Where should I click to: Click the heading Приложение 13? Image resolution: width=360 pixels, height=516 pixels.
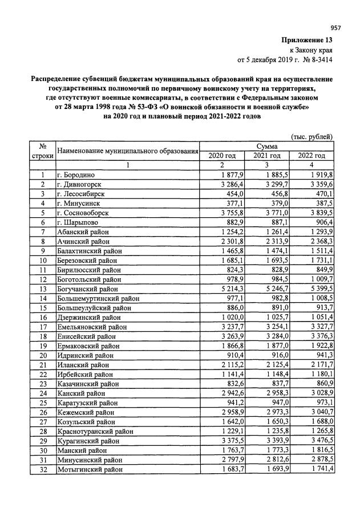(x=308, y=40)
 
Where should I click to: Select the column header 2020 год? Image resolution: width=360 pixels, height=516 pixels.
(x=222, y=156)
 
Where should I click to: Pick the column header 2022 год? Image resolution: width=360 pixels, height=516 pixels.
(x=311, y=156)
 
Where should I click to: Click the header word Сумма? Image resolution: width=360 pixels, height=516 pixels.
(x=266, y=147)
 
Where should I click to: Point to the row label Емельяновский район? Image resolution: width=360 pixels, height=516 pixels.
(x=91, y=327)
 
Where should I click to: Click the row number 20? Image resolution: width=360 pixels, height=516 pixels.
(x=42, y=355)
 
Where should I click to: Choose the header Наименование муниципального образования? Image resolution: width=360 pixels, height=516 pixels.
(x=127, y=151)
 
